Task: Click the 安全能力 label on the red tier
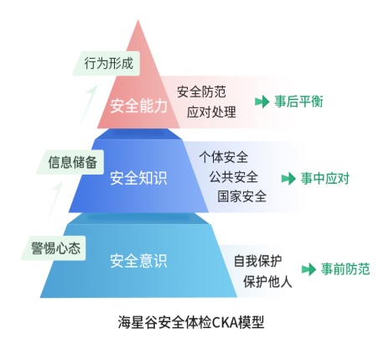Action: [138, 106]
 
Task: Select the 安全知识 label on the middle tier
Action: [138, 178]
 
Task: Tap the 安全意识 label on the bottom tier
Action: [138, 260]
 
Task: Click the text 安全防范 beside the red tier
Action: [201, 91]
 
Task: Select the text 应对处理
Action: [211, 112]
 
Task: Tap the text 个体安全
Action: [224, 157]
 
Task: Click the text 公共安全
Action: [234, 177]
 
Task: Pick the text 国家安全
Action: [242, 196]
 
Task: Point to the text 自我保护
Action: [257, 261]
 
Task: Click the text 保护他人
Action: [267, 281]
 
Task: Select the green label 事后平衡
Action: [298, 102]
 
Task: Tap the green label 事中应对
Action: [325, 178]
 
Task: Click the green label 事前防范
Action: [345, 269]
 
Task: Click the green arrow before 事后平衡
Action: [262, 102]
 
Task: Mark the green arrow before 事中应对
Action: [288, 179]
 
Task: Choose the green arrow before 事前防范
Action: [309, 269]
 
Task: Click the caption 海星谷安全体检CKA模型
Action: [191, 322]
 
